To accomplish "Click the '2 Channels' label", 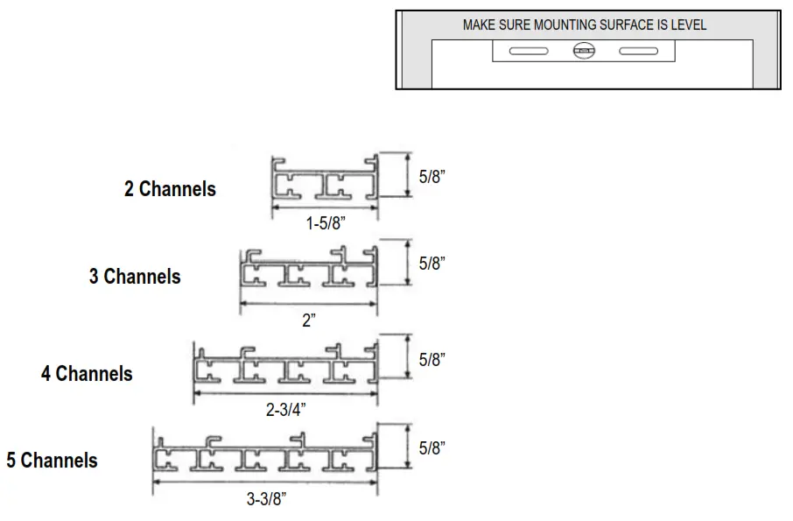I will click(170, 188).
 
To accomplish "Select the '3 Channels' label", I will click(135, 277).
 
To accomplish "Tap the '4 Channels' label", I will click(87, 374).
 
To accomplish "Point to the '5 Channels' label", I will click(53, 460).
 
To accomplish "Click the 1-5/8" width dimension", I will click(326, 223).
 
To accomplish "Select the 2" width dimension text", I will click(308, 320).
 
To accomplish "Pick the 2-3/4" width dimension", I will click(286, 410).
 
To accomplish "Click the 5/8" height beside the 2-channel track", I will click(432, 176).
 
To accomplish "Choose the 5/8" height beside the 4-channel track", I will click(432, 359).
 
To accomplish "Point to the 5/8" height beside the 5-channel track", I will click(432, 448).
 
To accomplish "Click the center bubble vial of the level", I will click(583, 52).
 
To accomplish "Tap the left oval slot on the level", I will click(529, 52).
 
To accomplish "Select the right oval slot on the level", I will click(638, 52).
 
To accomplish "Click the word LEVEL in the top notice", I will click(687, 25).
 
